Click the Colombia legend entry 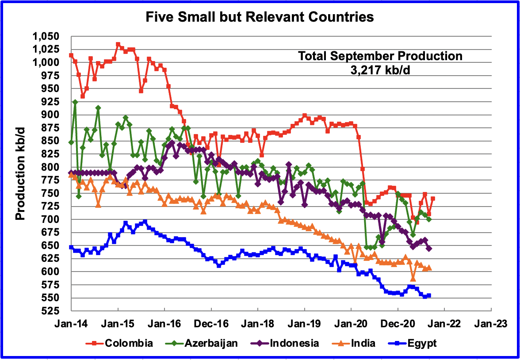coord(129,343)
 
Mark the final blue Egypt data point coord(429,295)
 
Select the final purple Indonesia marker coord(429,249)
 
